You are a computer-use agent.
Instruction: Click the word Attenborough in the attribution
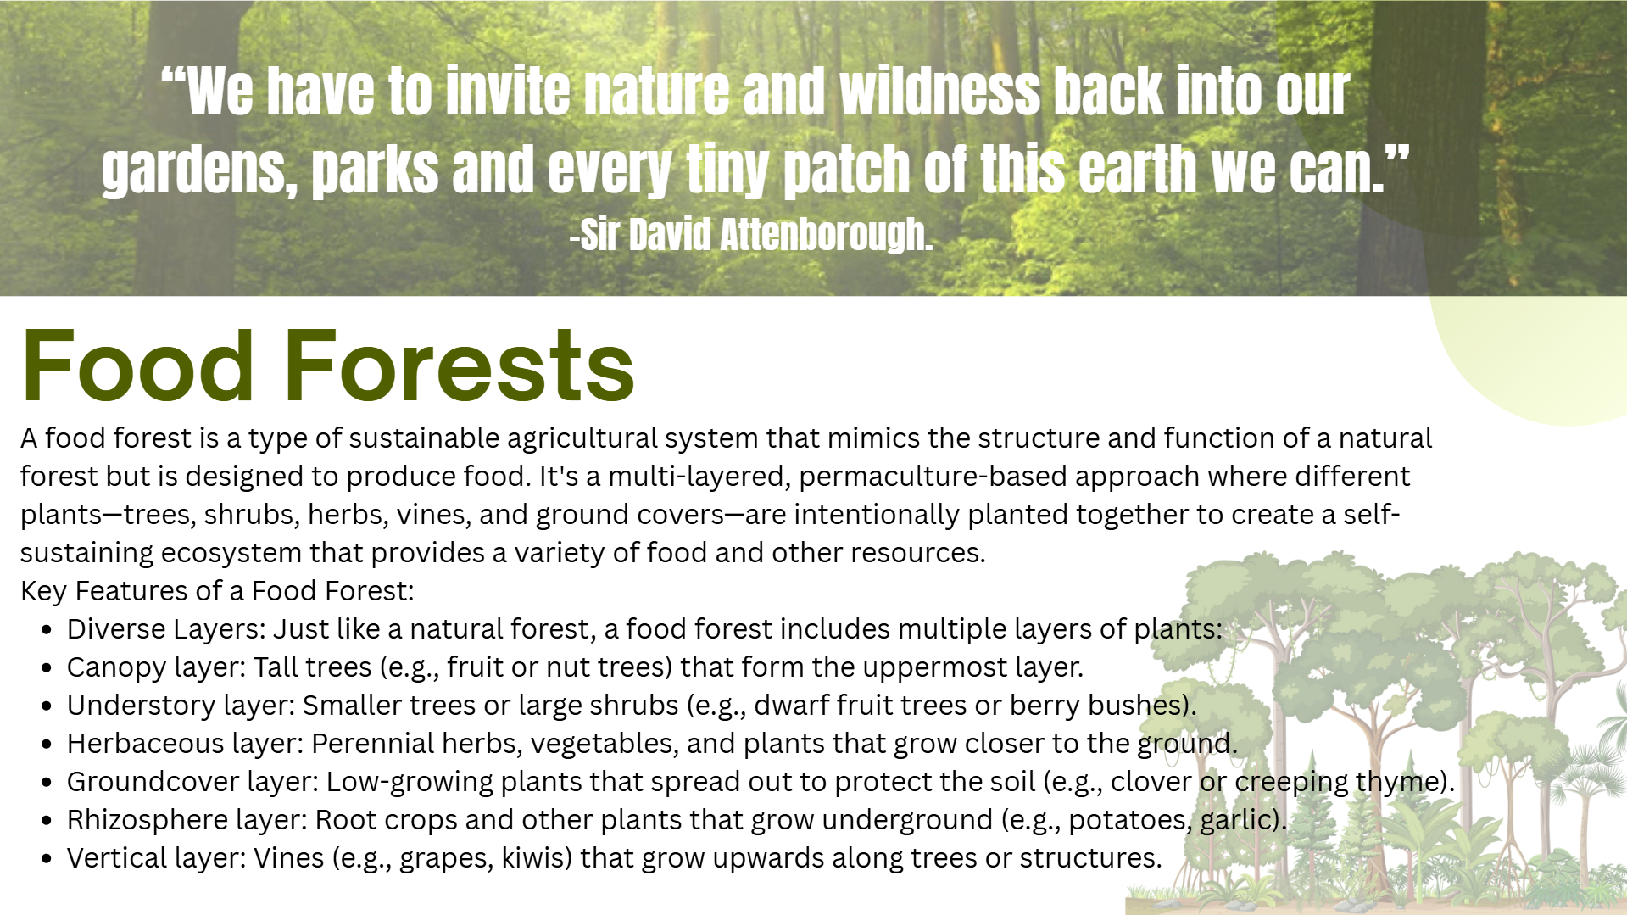(826, 234)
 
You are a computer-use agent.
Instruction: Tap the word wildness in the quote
(939, 92)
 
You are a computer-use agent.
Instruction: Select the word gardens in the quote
(199, 170)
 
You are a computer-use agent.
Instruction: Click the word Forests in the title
(459, 365)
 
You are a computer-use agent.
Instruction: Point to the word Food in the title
(137, 365)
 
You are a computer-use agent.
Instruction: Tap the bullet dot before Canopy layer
(47, 668)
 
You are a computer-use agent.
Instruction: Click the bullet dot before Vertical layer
(47, 859)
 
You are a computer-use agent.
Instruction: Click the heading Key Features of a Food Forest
(217, 591)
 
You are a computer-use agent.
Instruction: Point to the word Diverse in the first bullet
(116, 629)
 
